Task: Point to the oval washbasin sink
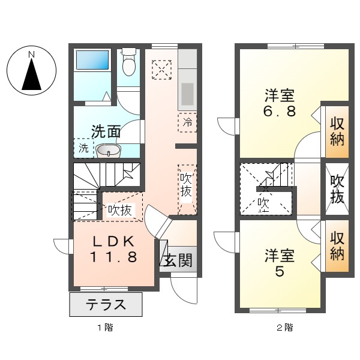pyautogui.click(x=109, y=149)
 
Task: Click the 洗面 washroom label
pyautogui.click(x=106, y=131)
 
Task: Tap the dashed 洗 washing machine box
pyautogui.click(x=83, y=148)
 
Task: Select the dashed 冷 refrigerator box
pyautogui.click(x=188, y=122)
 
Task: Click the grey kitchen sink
pyautogui.click(x=188, y=93)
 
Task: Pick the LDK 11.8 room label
pyautogui.click(x=115, y=250)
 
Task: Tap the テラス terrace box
pyautogui.click(x=106, y=304)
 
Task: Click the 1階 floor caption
pyautogui.click(x=106, y=328)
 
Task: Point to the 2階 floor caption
pyautogui.click(x=284, y=328)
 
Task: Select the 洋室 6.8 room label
pyautogui.click(x=281, y=104)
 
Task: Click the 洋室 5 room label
pyautogui.click(x=281, y=262)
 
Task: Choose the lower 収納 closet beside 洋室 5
pyautogui.click(x=337, y=247)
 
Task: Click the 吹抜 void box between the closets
pyautogui.click(x=337, y=189)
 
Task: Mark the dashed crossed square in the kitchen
pyautogui.click(x=160, y=69)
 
